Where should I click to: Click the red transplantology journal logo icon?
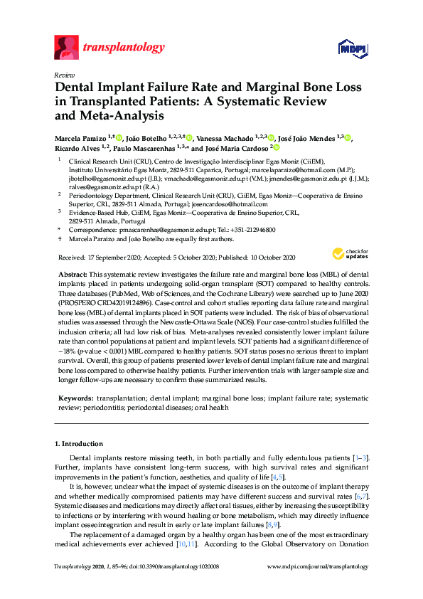66,47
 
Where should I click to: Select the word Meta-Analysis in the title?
128,115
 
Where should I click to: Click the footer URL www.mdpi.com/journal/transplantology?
317,567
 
